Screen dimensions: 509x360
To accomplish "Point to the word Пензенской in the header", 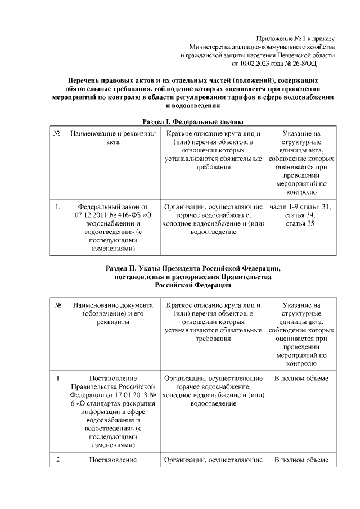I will pos(294,55).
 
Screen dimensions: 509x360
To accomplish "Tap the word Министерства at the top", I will pos(209,47).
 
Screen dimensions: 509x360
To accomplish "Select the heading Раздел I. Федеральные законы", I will pos(192,121).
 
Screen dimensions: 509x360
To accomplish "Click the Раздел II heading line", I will pos(192,268).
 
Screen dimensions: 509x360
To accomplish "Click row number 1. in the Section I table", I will pos(58,206).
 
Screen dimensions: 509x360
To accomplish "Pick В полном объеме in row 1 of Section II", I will pos(300,379).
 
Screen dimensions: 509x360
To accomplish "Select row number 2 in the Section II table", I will pos(58,460).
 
